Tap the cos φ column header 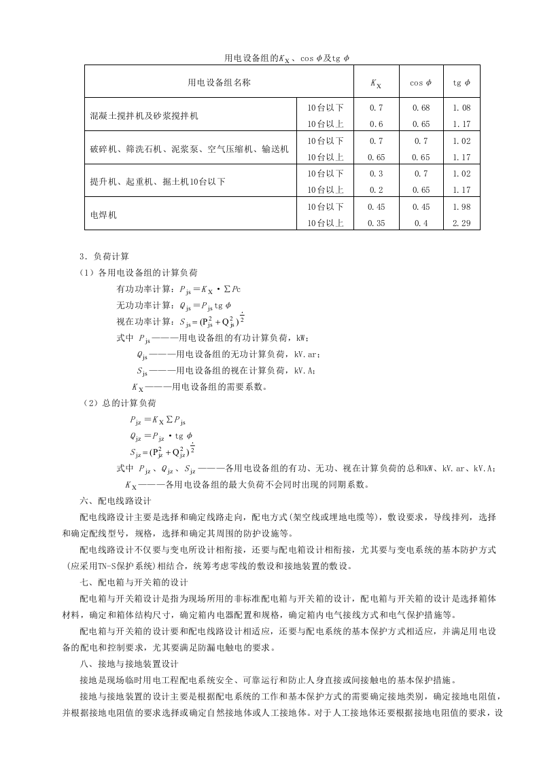tap(420, 83)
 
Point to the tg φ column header tap(462, 83)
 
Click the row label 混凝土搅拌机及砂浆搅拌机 tap(144, 116)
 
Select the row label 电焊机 tap(103, 215)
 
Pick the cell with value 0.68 tap(420, 108)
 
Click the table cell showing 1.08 tap(462, 108)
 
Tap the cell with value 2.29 tap(462, 223)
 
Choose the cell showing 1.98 tap(462, 207)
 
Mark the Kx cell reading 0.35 tap(376, 223)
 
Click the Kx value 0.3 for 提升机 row tap(376, 174)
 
